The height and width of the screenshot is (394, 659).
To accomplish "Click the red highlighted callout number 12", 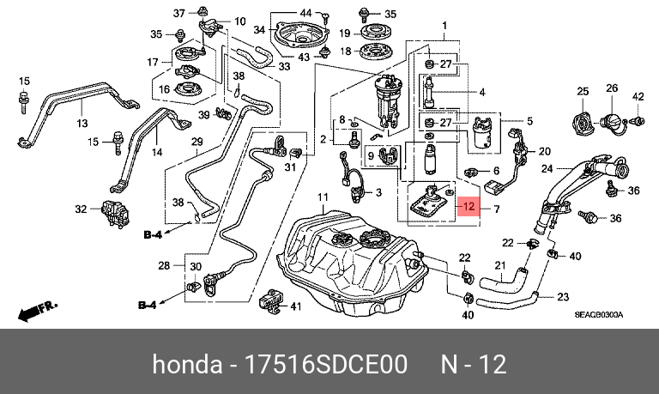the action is [x=469, y=207].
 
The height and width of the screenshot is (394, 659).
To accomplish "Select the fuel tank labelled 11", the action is [x=352, y=263].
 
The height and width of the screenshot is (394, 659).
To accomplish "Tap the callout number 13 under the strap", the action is [x=82, y=124].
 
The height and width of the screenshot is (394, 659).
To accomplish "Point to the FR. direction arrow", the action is [x=37, y=311].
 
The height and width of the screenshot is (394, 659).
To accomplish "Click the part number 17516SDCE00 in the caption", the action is [x=326, y=364].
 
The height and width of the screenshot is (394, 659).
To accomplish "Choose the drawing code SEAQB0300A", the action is [x=598, y=314].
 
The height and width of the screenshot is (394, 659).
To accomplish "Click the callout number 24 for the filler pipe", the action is [x=547, y=169].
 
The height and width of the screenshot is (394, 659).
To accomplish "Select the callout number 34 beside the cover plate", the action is [x=259, y=30].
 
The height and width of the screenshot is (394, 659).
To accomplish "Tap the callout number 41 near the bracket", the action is [x=296, y=306].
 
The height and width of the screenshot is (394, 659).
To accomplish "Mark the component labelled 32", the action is [x=115, y=214].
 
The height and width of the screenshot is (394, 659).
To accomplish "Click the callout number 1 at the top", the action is [x=444, y=26].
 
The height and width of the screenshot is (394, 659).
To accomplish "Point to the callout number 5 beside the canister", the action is [x=529, y=121].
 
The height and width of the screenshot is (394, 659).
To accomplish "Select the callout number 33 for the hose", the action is [x=285, y=66].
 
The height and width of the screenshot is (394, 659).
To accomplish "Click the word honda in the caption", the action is [x=187, y=364].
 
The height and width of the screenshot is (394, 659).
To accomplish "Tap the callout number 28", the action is [x=164, y=266].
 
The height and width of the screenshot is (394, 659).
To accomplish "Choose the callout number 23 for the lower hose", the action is [x=563, y=297].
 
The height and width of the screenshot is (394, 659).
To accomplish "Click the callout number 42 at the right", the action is [x=638, y=96].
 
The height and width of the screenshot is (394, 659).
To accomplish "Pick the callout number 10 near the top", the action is [x=239, y=21].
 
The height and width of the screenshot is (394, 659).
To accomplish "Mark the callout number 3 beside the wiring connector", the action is [x=378, y=192].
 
